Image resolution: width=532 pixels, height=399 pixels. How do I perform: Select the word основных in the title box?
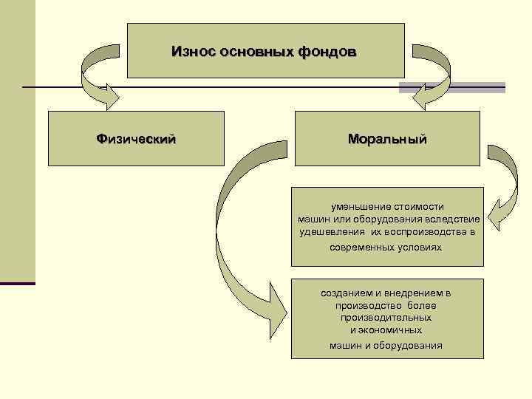(250, 52)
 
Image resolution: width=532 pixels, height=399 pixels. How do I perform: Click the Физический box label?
(136, 138)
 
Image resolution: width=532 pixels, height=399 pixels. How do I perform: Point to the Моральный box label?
(387, 138)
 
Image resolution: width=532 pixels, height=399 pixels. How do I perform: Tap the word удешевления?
(324, 231)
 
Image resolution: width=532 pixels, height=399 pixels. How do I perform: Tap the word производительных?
(386, 317)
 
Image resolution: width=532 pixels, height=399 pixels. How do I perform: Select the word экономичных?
(392, 330)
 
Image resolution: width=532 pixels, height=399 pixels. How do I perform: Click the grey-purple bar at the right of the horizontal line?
(451, 87)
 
